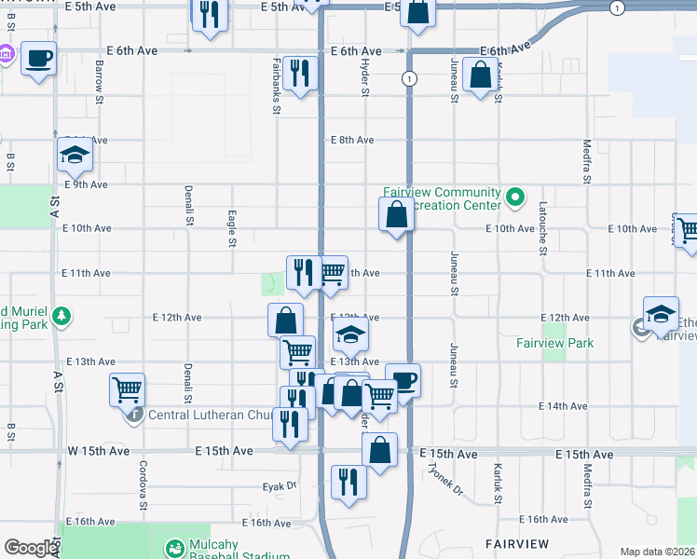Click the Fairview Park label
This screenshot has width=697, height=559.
[x=555, y=343]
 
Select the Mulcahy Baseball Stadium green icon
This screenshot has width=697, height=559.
[x=174, y=549]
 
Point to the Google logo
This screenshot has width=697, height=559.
[x=31, y=549]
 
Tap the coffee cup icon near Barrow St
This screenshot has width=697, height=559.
[x=38, y=59]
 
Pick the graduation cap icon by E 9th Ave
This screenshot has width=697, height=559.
[x=75, y=156]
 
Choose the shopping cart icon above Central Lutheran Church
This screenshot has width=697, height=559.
[x=127, y=389]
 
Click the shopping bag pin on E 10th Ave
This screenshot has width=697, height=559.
[x=397, y=214]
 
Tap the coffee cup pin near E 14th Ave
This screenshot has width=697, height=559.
[x=403, y=380]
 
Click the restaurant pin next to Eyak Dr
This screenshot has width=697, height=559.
[x=348, y=482]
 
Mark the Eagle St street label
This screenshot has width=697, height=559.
[x=231, y=228]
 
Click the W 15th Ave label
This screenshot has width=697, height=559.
[x=99, y=451]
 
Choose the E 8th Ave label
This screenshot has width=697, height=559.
[x=353, y=141]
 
